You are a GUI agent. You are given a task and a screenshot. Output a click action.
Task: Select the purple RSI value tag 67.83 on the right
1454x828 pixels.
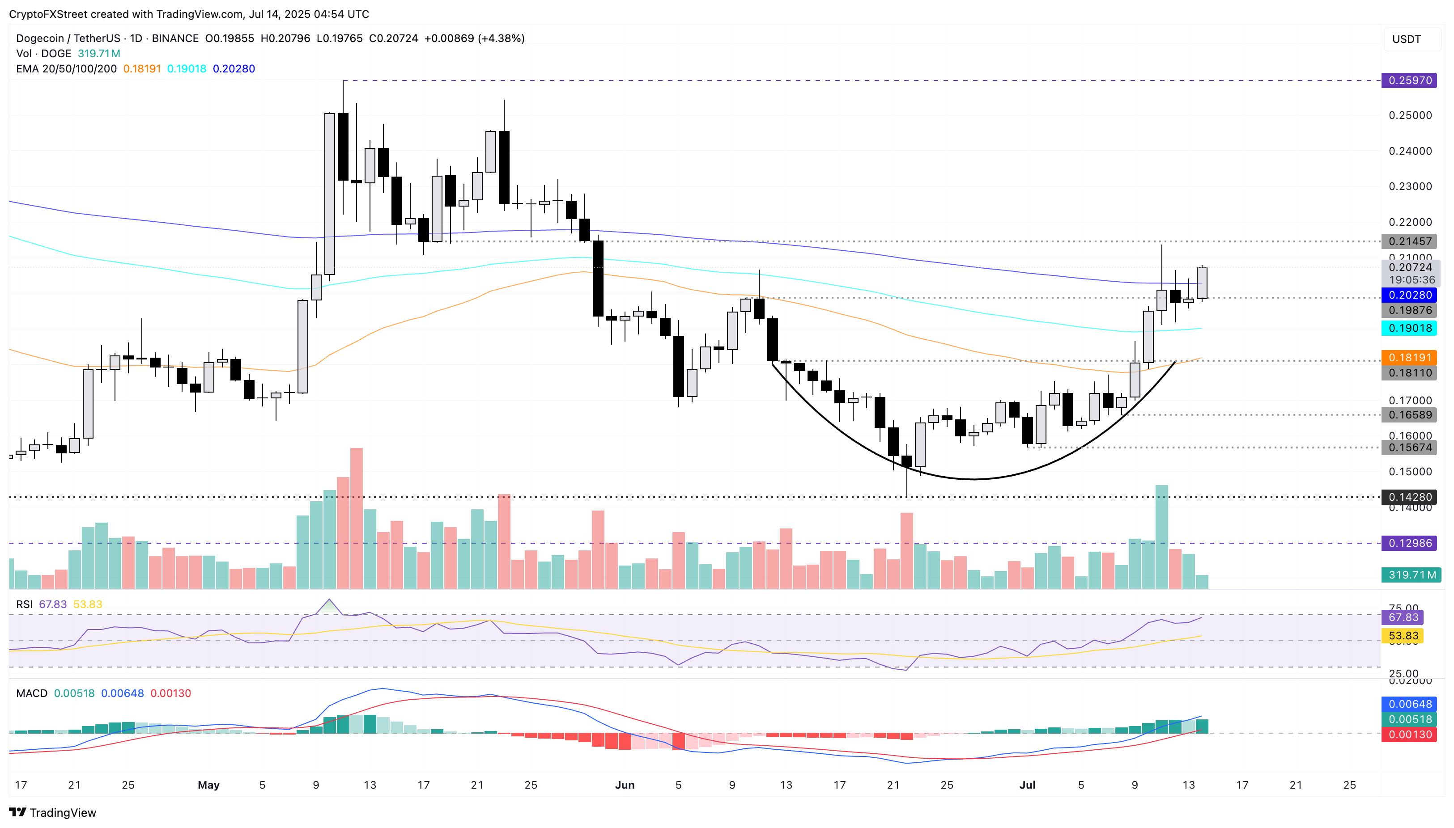[1403, 617]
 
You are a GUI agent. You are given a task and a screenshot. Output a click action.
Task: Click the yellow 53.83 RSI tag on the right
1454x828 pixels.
[1403, 636]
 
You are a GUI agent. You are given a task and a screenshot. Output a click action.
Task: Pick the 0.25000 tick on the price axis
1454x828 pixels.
[1410, 115]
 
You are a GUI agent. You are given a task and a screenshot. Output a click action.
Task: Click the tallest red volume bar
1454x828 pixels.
[356, 518]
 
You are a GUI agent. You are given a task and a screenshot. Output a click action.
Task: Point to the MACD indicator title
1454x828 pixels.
[32, 693]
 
